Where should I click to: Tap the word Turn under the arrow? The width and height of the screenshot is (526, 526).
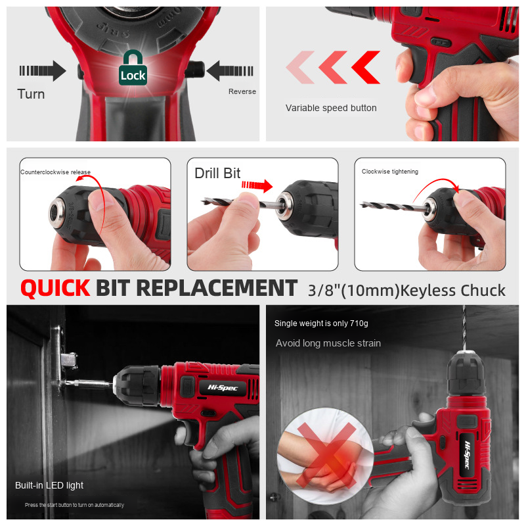point(32,94)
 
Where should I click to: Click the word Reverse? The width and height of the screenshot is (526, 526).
point(242,91)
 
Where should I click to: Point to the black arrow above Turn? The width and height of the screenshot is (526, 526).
point(42,70)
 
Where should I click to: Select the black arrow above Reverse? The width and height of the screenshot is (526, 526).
point(230,70)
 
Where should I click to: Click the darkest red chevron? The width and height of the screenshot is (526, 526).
point(366,67)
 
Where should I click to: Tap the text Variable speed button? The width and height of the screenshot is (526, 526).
point(331,108)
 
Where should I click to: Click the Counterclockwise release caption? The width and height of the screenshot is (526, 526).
point(55,172)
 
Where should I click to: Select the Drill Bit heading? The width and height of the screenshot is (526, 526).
point(217,174)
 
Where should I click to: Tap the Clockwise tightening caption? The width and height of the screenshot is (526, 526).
point(390,172)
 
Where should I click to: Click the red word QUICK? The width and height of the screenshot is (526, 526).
point(55,288)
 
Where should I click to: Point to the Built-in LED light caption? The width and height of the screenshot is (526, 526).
point(49,485)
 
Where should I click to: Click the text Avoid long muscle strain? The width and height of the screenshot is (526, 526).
point(328,343)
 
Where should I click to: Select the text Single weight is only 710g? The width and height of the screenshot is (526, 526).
point(322,323)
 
